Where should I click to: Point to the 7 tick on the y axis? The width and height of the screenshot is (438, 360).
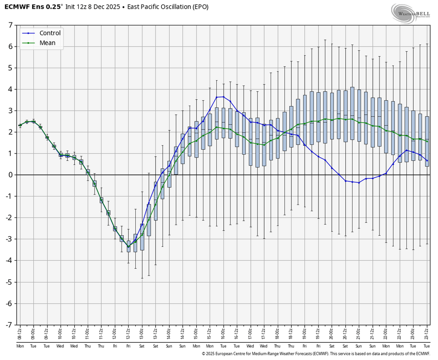(10, 25)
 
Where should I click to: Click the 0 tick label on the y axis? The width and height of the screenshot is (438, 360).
(10, 175)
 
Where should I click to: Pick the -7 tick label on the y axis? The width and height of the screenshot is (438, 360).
(8, 325)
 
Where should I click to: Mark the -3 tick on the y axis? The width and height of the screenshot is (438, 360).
(8, 239)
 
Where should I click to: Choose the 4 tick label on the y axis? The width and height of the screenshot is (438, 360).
(10, 89)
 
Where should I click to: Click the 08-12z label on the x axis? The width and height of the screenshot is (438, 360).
(20, 334)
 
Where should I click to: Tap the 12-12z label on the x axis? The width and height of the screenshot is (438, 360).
(129, 334)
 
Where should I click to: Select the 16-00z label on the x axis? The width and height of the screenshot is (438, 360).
(224, 334)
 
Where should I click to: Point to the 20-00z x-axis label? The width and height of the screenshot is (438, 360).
(332, 334)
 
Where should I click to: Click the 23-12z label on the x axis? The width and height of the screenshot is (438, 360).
(427, 334)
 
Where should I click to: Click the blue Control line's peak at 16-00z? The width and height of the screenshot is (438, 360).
(224, 97)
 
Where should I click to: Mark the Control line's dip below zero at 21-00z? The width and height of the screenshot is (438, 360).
(359, 182)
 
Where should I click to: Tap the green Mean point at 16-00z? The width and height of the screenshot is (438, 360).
(224, 129)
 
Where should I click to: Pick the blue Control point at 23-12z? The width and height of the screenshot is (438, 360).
(427, 160)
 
